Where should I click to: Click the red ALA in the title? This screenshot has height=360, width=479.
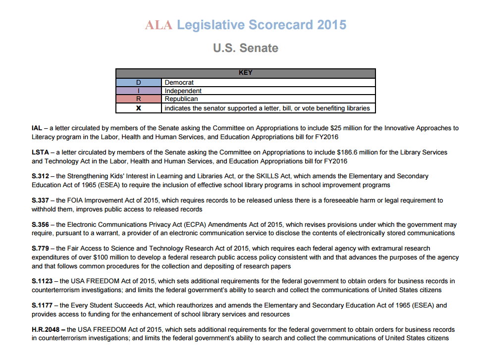click(x=159, y=25)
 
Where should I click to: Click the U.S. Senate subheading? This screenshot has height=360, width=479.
click(x=246, y=48)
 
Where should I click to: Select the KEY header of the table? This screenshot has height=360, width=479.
click(x=246, y=73)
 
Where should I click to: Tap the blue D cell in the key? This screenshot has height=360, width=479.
click(x=139, y=82)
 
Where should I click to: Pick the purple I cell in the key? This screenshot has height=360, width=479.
click(x=139, y=91)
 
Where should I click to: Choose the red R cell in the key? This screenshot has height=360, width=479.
click(x=139, y=99)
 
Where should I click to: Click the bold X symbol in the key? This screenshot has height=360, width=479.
click(x=139, y=108)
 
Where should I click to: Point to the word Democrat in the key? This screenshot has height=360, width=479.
click(x=179, y=82)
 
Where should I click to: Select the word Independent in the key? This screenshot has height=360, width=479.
click(x=183, y=91)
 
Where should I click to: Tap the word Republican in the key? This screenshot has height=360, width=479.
click(x=181, y=99)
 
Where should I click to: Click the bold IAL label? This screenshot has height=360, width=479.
click(x=38, y=128)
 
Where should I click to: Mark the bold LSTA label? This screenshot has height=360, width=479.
click(x=40, y=153)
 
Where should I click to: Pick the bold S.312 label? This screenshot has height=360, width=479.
click(x=40, y=176)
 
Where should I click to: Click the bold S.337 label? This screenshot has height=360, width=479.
click(x=40, y=201)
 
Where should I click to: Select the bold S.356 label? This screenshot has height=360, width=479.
click(x=40, y=224)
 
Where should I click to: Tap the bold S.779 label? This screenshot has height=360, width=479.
click(x=40, y=249)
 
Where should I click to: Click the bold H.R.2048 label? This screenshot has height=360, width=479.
click(x=46, y=330)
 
